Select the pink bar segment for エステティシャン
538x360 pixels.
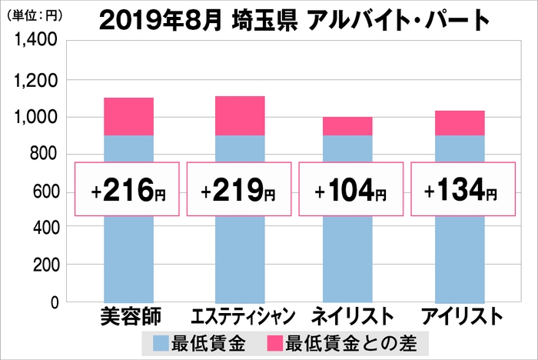coord(239,115)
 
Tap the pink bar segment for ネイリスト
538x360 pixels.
coord(348,126)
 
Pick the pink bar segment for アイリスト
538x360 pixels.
coord(460,123)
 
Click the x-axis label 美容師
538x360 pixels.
coord(127,317)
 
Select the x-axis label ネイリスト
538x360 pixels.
coord(350,317)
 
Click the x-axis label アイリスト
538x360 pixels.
coord(461,317)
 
